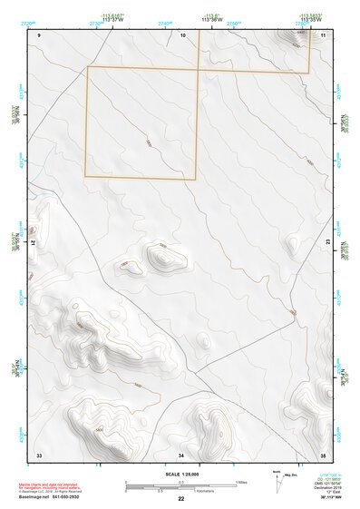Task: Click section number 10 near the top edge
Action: point(183,34)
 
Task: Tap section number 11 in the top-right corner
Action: point(324,34)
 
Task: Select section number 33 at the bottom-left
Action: point(39,454)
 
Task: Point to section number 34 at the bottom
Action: point(181,454)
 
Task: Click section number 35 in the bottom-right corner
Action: point(323,454)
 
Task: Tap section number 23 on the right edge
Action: point(327,242)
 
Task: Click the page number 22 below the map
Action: point(181,498)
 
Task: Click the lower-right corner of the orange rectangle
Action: point(197,177)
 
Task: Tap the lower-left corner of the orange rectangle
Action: point(85,176)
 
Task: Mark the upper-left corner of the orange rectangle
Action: point(88,66)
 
